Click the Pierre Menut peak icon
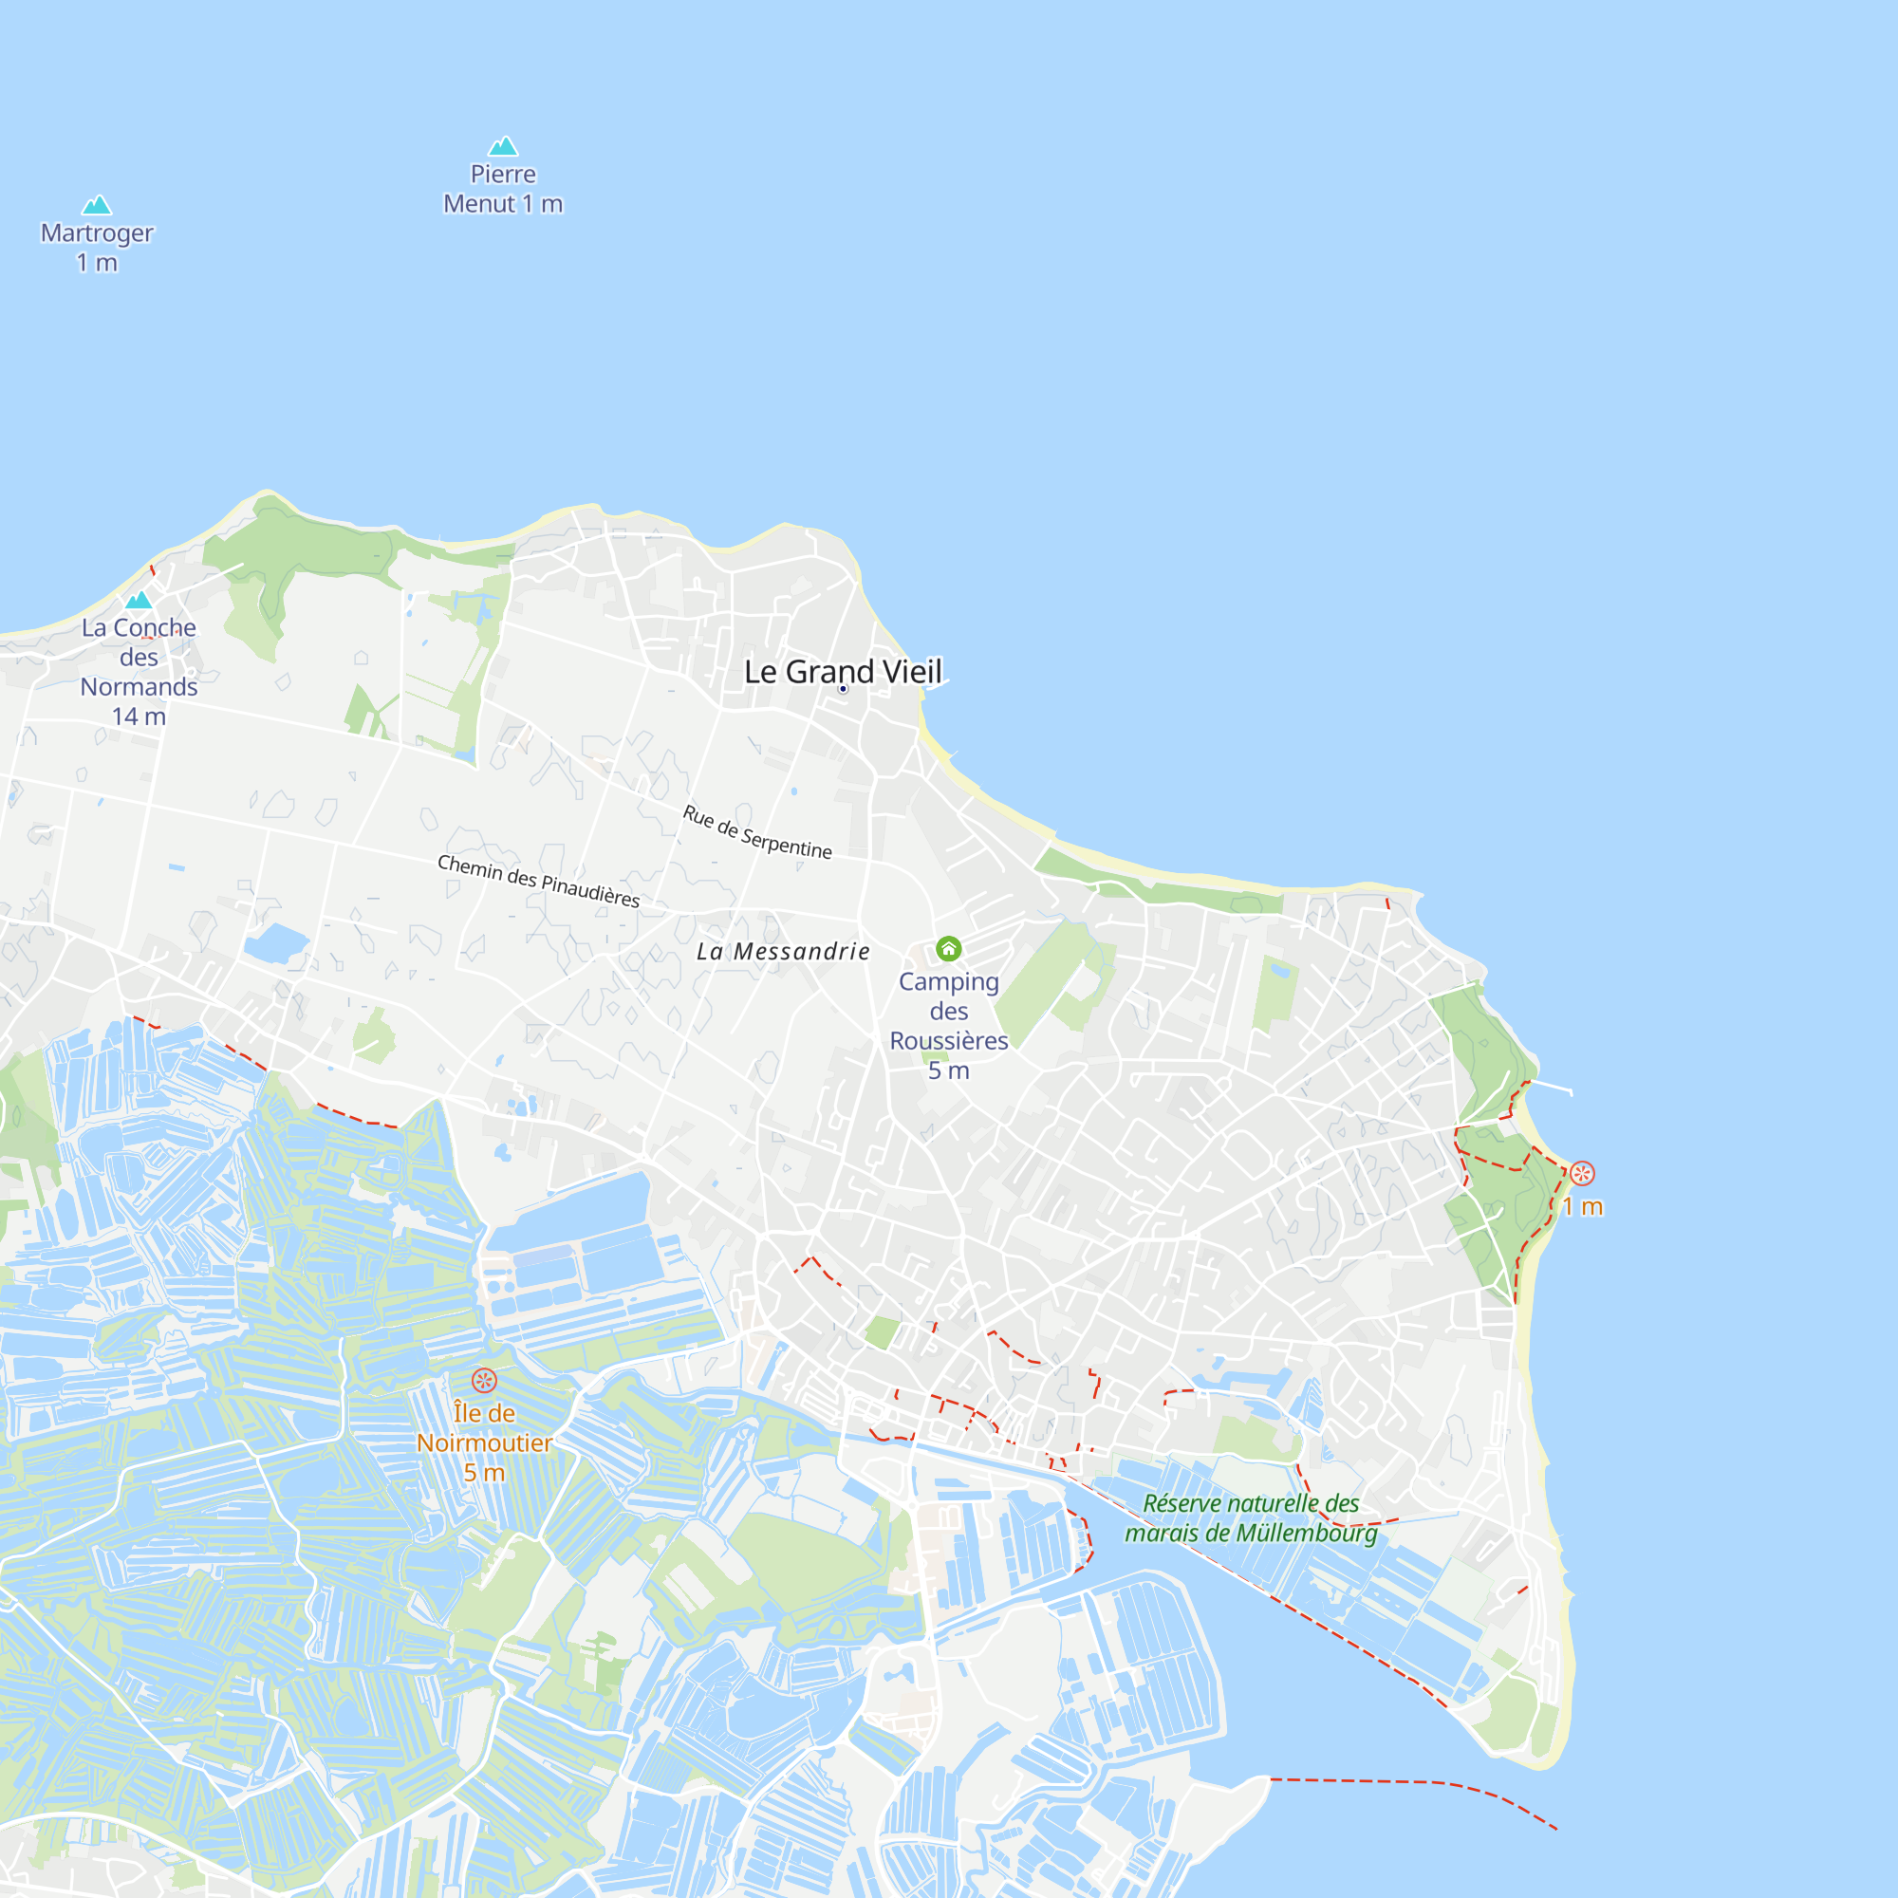coord(503,146)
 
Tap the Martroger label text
coord(97,233)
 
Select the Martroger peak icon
coord(96,205)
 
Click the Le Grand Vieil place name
coord(843,671)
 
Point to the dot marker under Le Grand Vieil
coord(843,689)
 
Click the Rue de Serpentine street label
coord(756,831)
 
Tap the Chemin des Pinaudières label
coord(538,881)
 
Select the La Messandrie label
coord(783,951)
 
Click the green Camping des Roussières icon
coord(948,948)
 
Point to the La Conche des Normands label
coord(139,657)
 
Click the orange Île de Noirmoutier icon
coord(484,1380)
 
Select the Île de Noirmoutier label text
coord(484,1427)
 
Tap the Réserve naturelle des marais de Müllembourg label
coord(1251,1517)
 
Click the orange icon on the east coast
coord(1582,1173)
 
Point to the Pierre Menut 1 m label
coord(503,189)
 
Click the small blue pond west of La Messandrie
coord(276,943)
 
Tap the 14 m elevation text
coord(139,716)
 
